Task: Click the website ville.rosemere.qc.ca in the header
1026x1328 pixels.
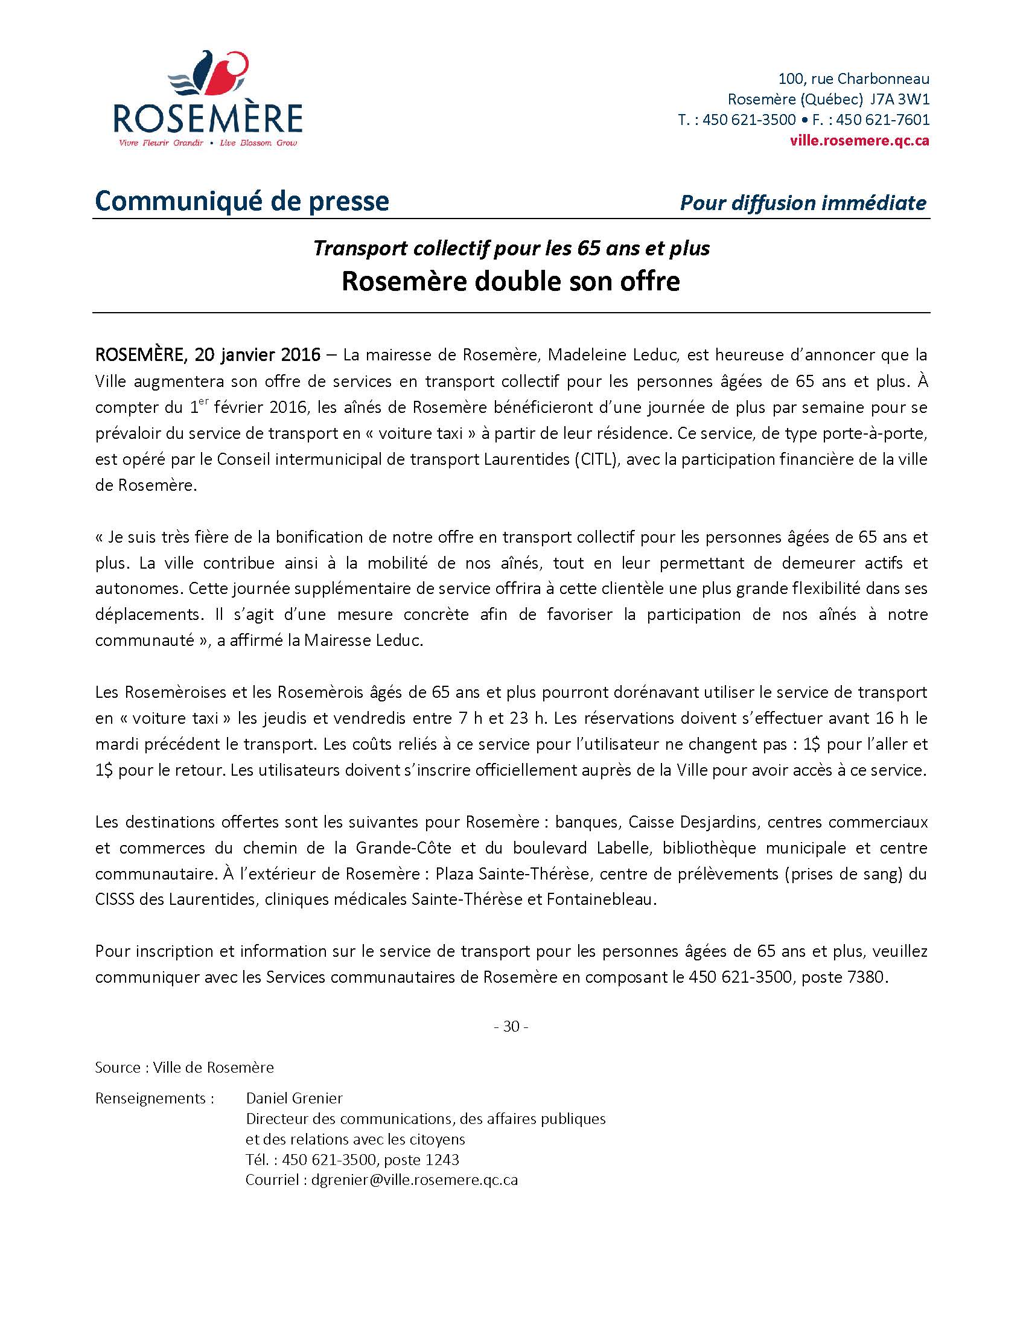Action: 859,141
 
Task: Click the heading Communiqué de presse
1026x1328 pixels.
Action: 242,201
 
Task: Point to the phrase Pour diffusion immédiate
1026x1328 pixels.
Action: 803,202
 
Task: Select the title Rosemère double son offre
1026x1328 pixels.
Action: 511,281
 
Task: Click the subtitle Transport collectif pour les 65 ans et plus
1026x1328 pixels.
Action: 511,248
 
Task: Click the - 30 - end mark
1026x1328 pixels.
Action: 511,1026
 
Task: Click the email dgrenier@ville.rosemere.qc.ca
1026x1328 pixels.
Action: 414,1180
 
